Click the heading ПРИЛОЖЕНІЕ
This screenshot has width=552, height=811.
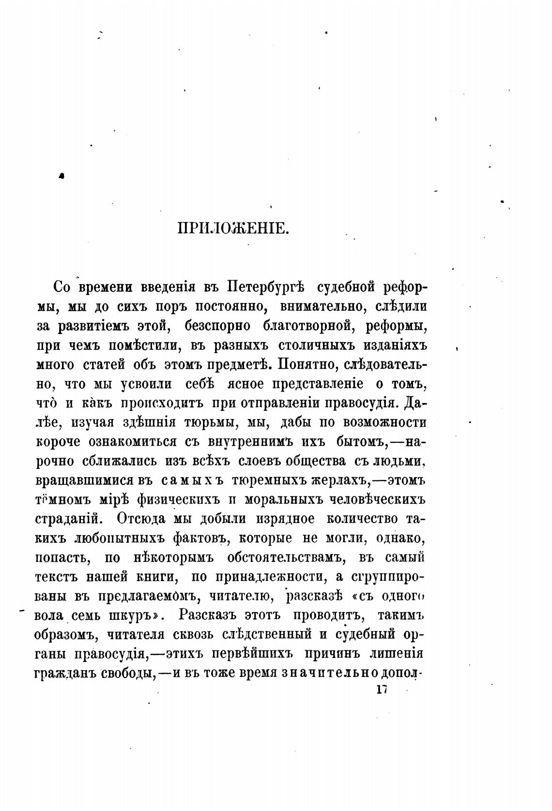(x=233, y=228)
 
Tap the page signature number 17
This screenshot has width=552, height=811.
(x=382, y=690)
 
